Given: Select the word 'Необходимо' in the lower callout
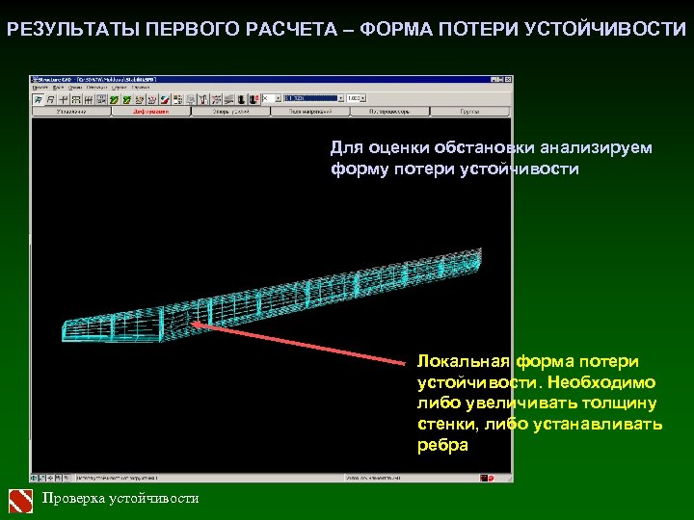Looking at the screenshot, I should (601, 382).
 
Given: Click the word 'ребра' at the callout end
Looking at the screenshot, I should (442, 445).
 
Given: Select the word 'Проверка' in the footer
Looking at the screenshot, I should (74, 499).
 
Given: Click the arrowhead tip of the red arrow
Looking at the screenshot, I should (193, 324).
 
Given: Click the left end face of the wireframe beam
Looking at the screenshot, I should (72, 330).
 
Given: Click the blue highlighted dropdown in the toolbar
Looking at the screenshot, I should (313, 98).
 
